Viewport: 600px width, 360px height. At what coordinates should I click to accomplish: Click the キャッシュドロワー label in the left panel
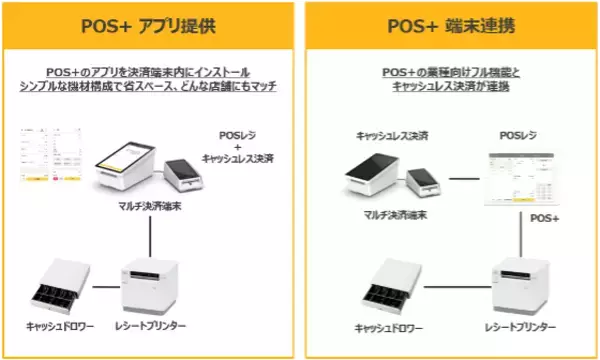point(60,328)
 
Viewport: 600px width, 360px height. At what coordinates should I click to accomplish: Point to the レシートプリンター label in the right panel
point(522,328)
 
